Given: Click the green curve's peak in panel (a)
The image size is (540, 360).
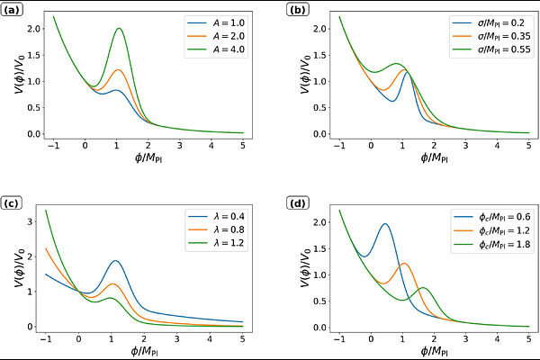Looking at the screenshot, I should pos(119,28).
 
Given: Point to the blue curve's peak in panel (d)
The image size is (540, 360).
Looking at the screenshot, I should pos(385,224).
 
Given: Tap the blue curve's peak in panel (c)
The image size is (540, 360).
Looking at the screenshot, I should pos(115,261).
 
